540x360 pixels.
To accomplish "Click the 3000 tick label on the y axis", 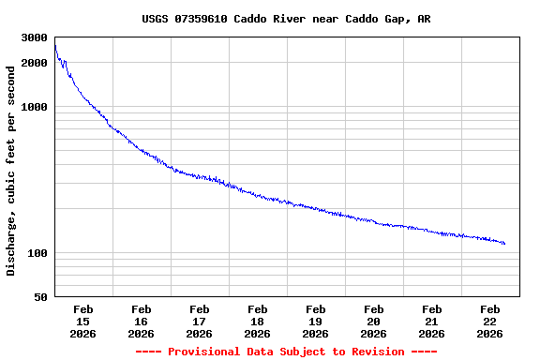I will tap(34, 37).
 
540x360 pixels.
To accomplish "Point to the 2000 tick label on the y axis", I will tap(34, 63).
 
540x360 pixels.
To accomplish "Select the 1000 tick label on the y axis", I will tap(34, 107).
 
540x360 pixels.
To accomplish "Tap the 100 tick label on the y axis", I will tap(37, 253).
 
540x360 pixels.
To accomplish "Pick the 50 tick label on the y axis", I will tap(40, 297).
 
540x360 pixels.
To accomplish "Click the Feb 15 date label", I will tap(82, 321).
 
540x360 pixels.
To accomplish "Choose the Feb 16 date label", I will tap(141, 321).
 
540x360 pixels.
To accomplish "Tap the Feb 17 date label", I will tap(199, 321).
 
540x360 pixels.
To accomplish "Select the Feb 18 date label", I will tap(257, 321).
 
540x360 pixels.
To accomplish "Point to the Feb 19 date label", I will tap(315, 321).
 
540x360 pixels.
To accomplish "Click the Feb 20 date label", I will tap(373, 321).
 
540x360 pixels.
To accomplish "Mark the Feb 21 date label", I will tap(431, 321).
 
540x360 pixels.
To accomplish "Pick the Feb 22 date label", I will tap(489, 321).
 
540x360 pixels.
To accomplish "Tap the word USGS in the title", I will tap(156, 19).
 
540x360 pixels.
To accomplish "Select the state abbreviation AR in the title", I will tap(425, 19).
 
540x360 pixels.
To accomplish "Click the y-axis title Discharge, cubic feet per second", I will tap(11, 170).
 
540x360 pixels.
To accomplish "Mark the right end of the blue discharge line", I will tap(504, 244).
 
